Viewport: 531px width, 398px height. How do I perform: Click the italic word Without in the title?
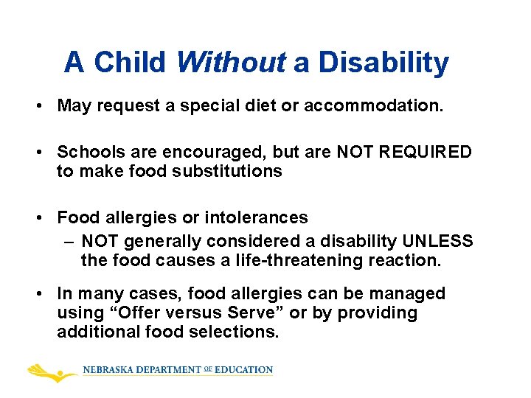[230, 63]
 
